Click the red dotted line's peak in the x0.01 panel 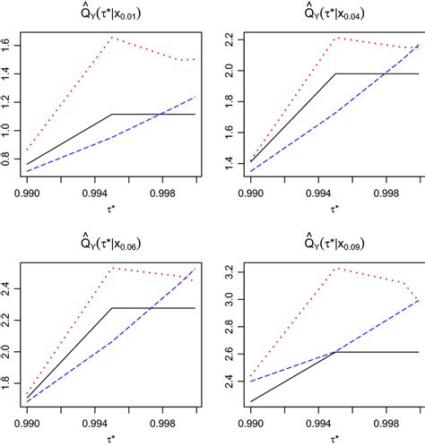110,37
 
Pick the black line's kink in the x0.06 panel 110,307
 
